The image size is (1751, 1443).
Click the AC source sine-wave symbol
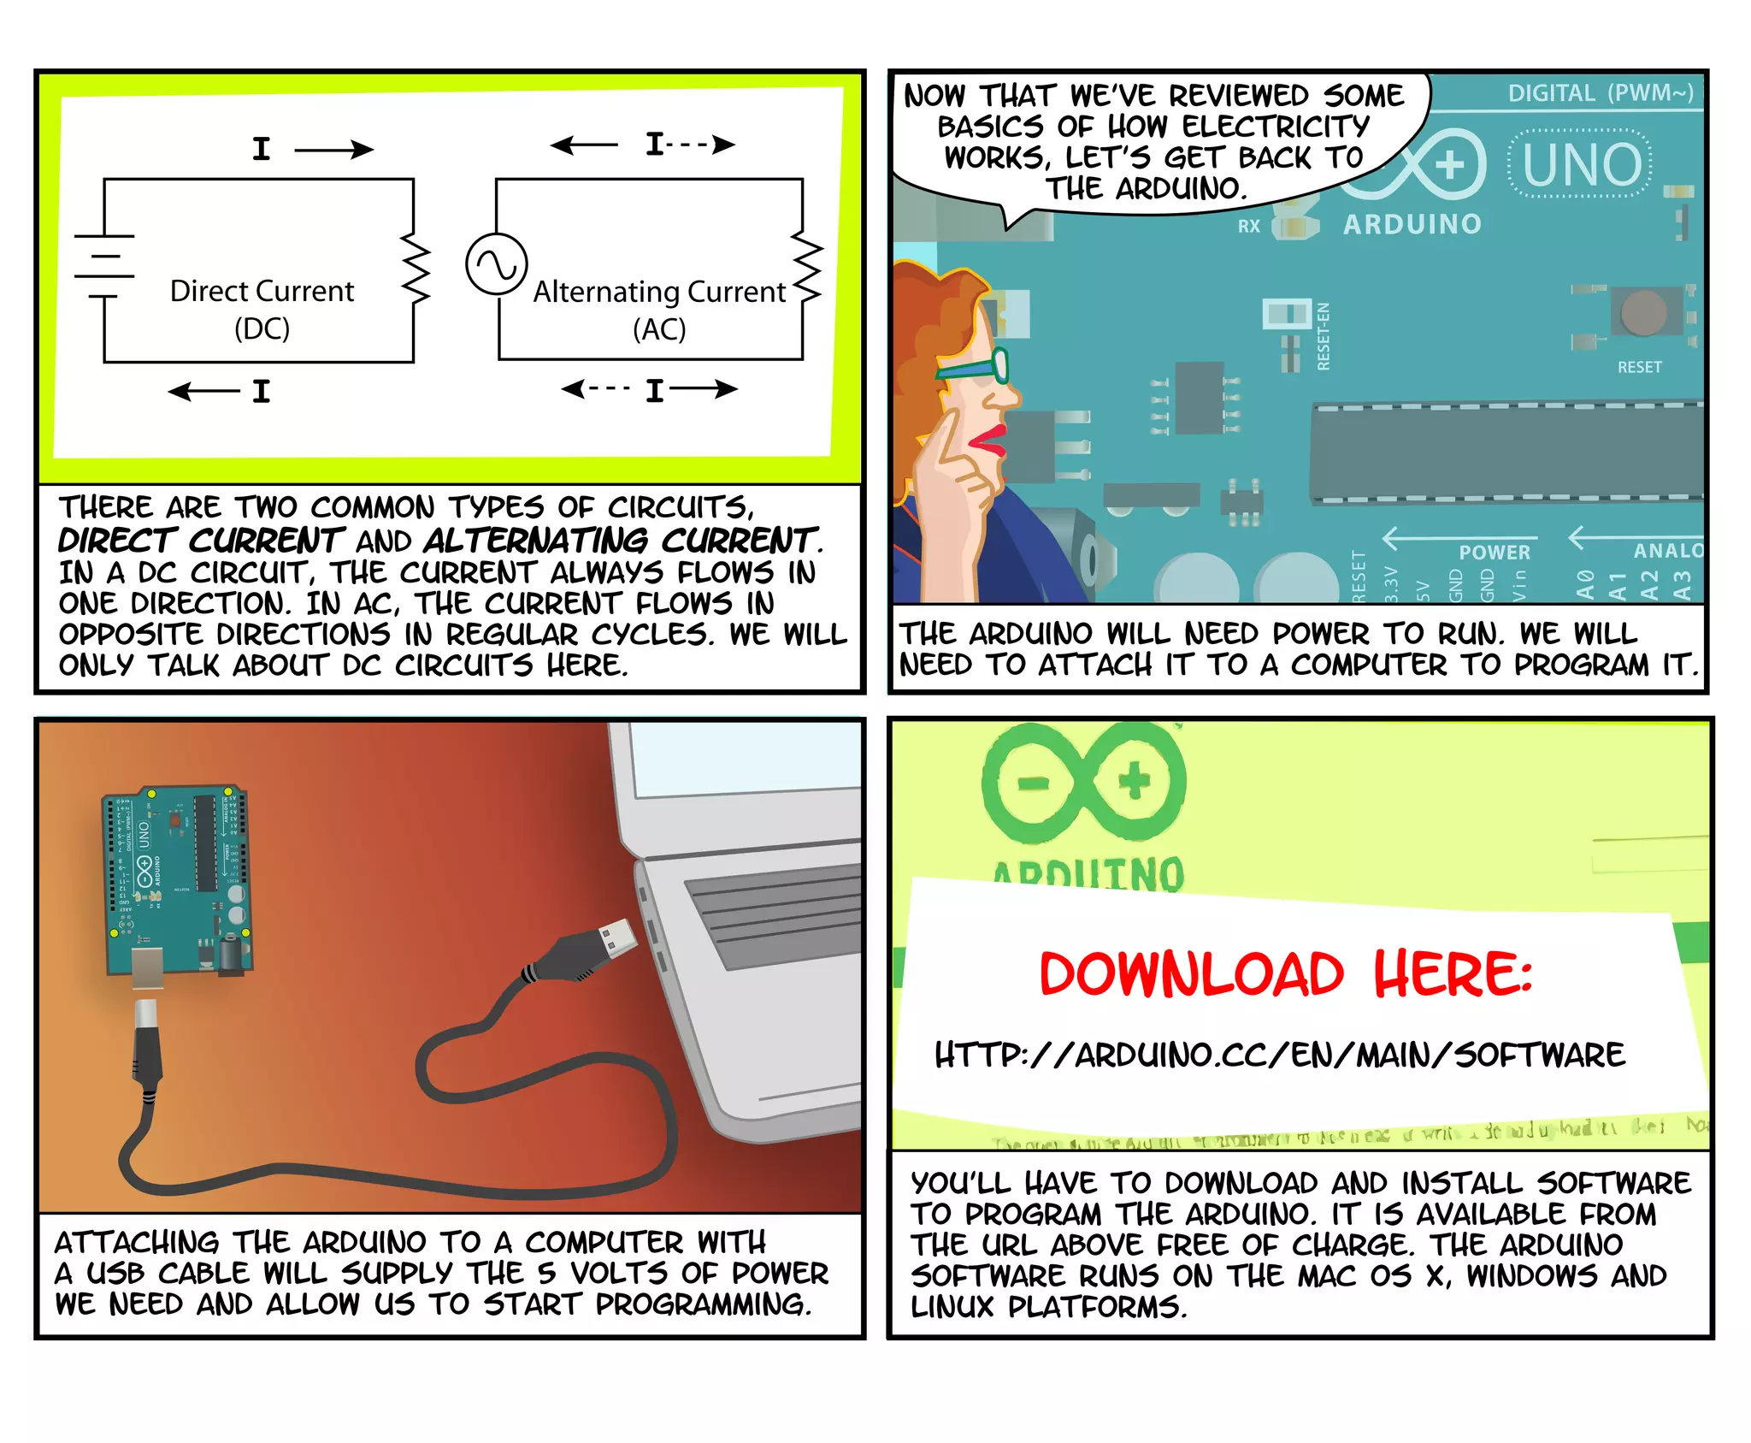tap(496, 264)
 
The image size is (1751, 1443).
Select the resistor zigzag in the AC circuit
tap(806, 268)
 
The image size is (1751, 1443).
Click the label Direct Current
tap(262, 292)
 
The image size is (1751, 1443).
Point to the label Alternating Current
tap(659, 293)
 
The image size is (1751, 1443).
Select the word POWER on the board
tap(1495, 553)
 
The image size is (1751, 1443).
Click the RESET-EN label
tap(1324, 336)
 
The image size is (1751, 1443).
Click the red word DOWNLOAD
tap(1191, 974)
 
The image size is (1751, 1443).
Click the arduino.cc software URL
tap(1279, 1055)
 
